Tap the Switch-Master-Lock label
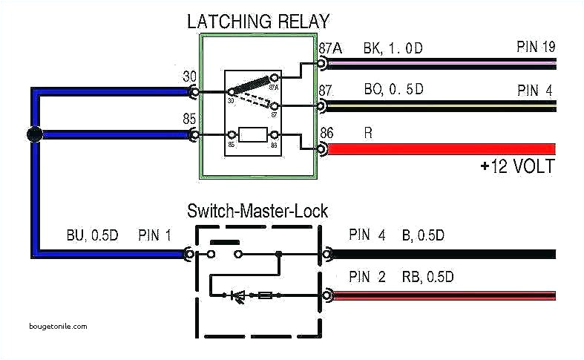click(257, 212)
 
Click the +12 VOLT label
click(516, 166)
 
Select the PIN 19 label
click(536, 48)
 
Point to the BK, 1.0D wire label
click(393, 48)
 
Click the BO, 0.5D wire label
click(393, 91)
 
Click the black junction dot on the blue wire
click(33, 135)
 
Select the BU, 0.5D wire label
click(90, 236)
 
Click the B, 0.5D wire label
click(423, 236)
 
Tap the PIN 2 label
click(367, 278)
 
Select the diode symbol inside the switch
click(239, 295)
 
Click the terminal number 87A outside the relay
click(330, 48)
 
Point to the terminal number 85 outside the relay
click(189, 118)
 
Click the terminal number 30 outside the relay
click(189, 76)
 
